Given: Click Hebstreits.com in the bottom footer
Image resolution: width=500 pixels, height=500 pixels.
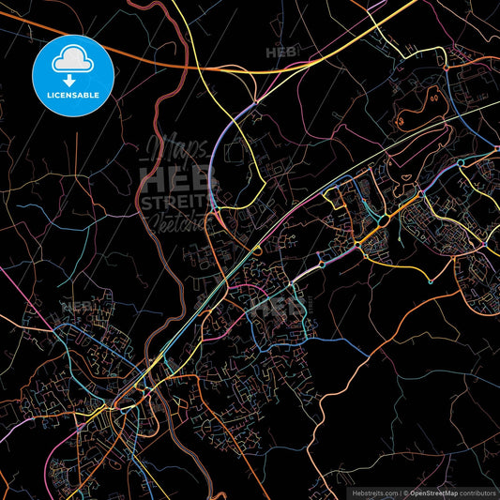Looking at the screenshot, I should coord(372,492).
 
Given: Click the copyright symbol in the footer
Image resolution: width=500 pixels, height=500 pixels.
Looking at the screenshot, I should coord(404,492).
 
